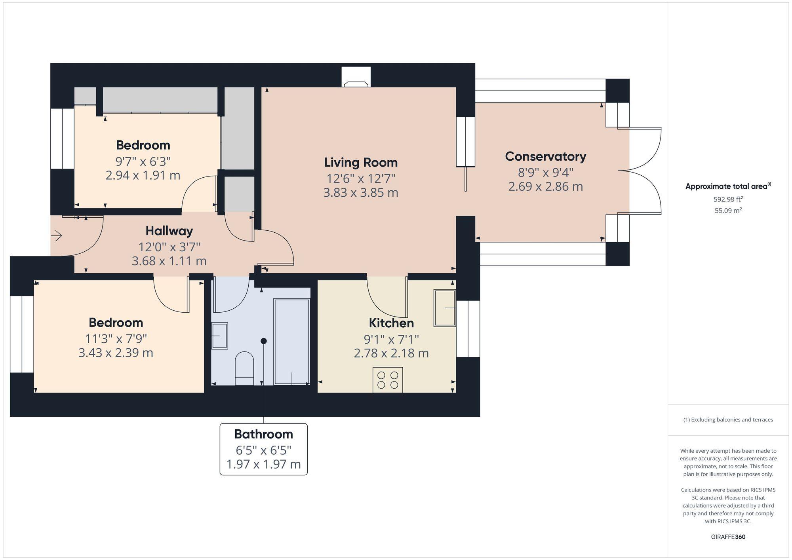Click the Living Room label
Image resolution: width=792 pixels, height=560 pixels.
[x=360, y=163]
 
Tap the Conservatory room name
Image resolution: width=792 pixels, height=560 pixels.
[x=545, y=157]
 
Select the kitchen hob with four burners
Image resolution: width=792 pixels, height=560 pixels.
[x=388, y=380]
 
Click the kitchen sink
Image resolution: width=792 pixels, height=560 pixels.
[x=445, y=308]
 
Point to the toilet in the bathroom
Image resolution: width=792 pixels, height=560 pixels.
[x=244, y=368]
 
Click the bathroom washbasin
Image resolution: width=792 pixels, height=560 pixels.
[x=219, y=336]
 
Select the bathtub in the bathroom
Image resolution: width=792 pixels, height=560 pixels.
[x=292, y=342]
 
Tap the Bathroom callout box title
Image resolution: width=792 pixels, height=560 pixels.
[x=263, y=434]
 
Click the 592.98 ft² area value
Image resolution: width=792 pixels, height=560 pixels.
[x=728, y=199]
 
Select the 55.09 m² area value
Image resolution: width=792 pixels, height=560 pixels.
[x=728, y=211]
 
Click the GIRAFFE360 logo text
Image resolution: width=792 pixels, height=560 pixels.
[x=728, y=537]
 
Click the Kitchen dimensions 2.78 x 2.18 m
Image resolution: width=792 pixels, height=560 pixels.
[x=391, y=353]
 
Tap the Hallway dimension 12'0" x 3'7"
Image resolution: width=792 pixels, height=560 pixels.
[x=169, y=247]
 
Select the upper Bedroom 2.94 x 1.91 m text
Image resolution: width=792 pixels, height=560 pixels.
[x=143, y=175]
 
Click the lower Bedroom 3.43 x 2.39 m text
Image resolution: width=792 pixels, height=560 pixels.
[x=116, y=353]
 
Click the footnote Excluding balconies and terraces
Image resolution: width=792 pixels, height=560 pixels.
[x=728, y=420]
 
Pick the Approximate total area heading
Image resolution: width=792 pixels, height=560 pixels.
[x=728, y=186]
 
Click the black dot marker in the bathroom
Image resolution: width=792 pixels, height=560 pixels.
[x=264, y=341]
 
